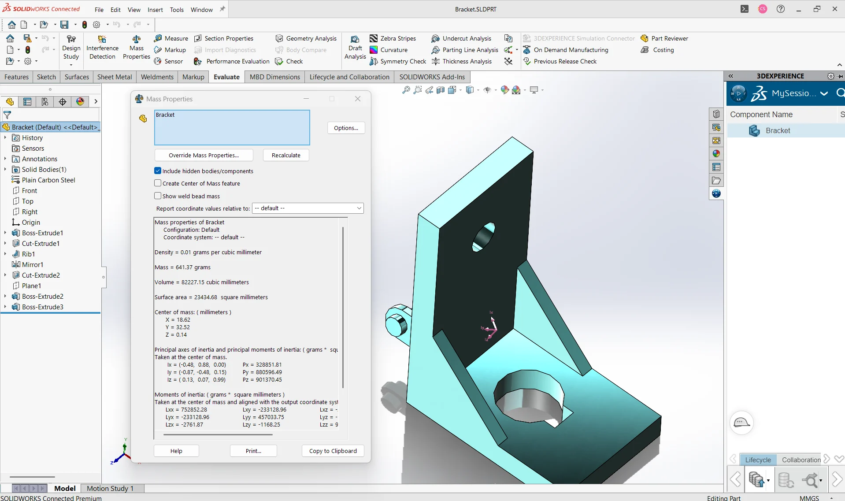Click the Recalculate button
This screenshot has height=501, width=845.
(286, 155)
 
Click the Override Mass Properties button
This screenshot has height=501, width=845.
(204, 155)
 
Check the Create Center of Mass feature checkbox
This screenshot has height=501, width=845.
(158, 183)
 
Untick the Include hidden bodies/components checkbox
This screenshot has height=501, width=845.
(158, 171)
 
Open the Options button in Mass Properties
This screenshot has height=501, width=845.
(346, 128)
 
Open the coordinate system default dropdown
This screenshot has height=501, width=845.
(308, 208)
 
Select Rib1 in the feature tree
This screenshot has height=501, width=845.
(28, 254)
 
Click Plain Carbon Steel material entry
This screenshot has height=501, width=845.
(48, 180)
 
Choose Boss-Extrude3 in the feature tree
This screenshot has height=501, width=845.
(42, 307)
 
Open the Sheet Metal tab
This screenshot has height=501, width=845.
(114, 77)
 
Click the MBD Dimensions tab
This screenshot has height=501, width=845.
(274, 77)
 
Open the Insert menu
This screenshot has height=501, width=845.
(155, 10)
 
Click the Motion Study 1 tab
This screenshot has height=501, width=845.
(110, 488)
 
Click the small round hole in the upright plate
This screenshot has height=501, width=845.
(483, 238)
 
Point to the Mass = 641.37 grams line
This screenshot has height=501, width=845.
(182, 267)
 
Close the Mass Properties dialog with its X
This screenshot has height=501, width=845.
(358, 99)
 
